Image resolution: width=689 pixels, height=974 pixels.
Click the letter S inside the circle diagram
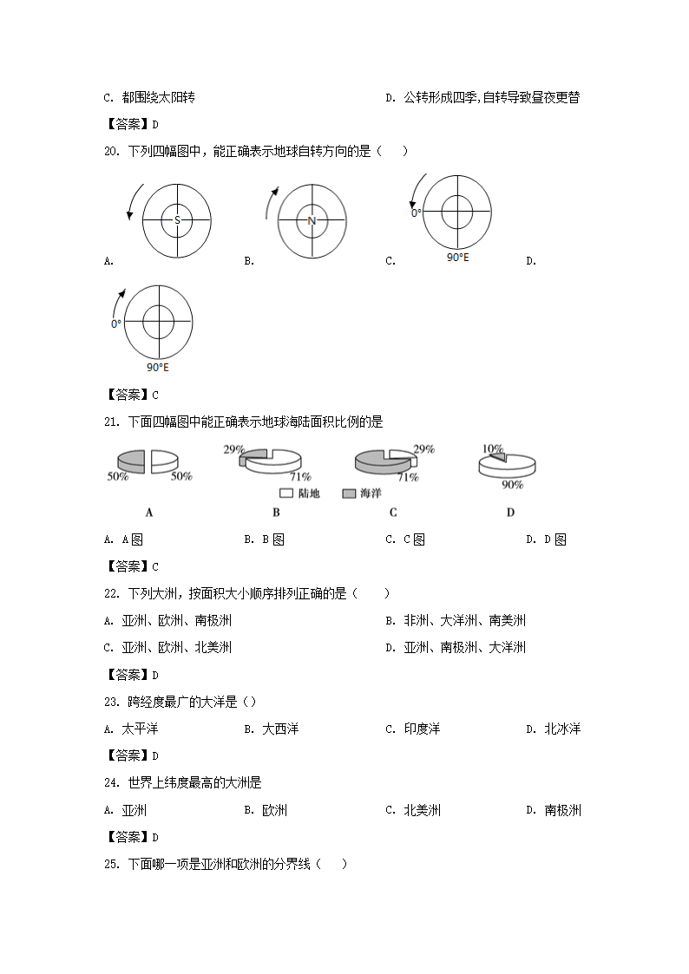point(177,220)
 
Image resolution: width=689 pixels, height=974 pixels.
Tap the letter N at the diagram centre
point(312,220)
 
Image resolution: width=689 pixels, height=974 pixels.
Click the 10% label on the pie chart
point(492,449)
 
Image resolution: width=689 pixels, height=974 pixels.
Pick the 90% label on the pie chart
point(512,485)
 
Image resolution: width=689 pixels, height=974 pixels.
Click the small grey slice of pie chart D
point(496,457)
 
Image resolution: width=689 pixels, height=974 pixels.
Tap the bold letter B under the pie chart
point(276,513)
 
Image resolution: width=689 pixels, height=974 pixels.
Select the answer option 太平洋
point(140,729)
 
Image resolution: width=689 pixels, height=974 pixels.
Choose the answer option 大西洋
point(280,729)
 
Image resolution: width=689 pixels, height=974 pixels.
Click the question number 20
point(110,152)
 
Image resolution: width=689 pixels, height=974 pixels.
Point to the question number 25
point(110,864)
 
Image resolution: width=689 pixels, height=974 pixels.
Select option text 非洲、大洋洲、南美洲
point(464,621)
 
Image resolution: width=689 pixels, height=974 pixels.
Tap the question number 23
point(110,703)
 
